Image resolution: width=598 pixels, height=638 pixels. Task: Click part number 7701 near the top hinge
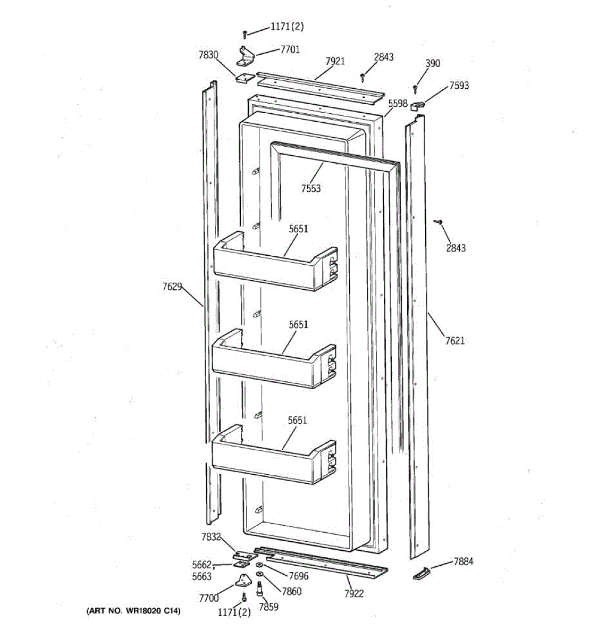pyautogui.click(x=290, y=49)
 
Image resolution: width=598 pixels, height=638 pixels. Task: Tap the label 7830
pyautogui.click(x=208, y=54)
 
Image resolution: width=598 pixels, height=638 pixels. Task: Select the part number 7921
pyautogui.click(x=335, y=61)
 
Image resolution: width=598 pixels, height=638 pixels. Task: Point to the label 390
pyautogui.click(x=433, y=63)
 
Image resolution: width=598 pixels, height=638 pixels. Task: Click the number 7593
pyautogui.click(x=459, y=85)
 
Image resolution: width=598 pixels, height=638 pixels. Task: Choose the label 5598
pyautogui.click(x=398, y=104)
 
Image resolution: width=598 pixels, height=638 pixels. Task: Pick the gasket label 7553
pyautogui.click(x=310, y=188)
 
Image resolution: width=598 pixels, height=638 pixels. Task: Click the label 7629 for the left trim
pyautogui.click(x=172, y=287)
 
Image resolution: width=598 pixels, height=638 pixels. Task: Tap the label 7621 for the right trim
pyautogui.click(x=454, y=340)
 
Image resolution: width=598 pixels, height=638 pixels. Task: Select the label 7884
pyautogui.click(x=463, y=561)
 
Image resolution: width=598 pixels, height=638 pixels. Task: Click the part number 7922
pyautogui.click(x=353, y=593)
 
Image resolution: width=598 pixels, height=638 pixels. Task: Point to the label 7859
pyautogui.click(x=268, y=607)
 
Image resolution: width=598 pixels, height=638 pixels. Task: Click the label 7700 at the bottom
pyautogui.click(x=208, y=598)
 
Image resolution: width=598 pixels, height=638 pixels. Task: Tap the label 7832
pyautogui.click(x=210, y=537)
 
